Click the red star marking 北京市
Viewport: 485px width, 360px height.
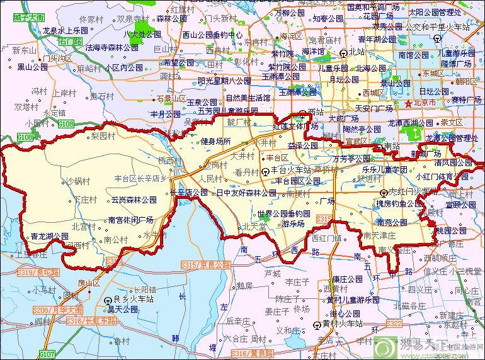coord(408,103)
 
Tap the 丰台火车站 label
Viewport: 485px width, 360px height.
coord(291,170)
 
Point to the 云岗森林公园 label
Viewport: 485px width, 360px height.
coord(134,200)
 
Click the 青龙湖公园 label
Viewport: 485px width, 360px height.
coord(49,237)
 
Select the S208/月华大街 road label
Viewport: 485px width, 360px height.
coord(57,310)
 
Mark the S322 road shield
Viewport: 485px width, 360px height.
coord(394,323)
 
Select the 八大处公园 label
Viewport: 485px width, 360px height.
coord(142,34)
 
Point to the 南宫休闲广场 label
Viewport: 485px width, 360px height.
coord(131,220)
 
